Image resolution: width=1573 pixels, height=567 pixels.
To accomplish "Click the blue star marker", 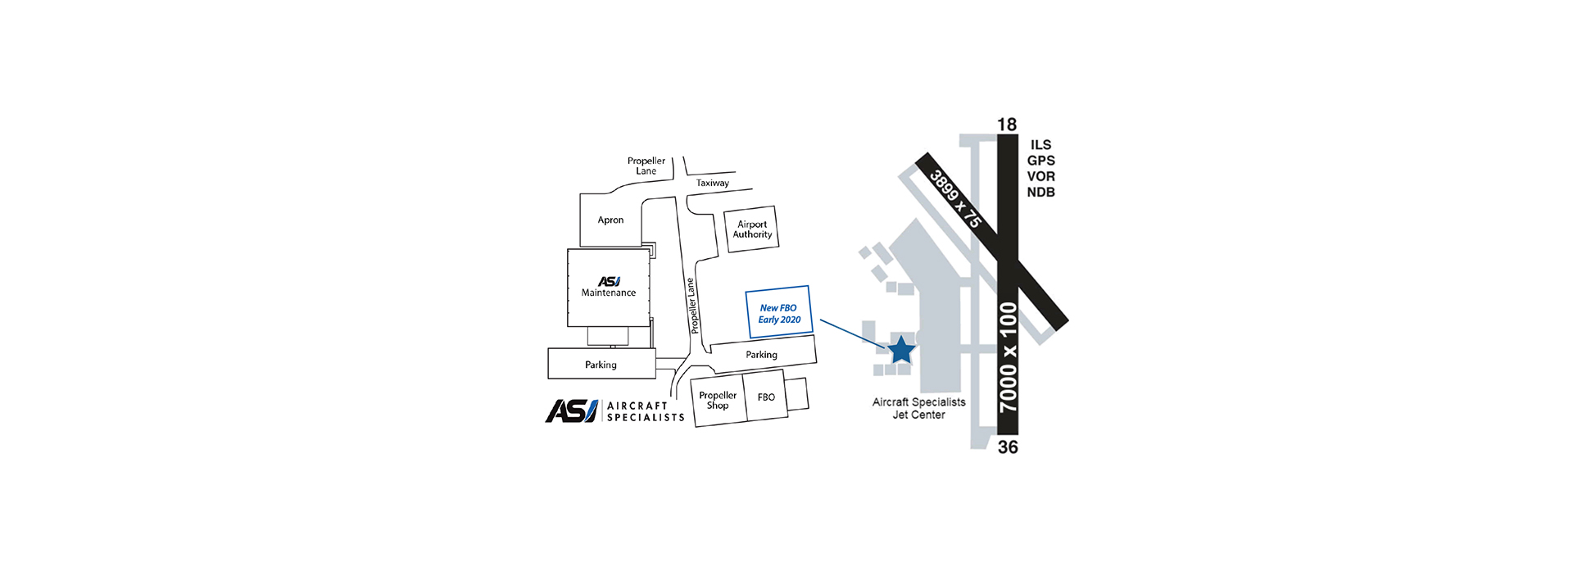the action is click(x=901, y=350).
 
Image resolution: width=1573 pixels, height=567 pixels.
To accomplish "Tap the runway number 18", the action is click(x=1007, y=125).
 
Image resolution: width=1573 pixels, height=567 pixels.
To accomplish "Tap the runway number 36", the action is click(x=1008, y=447).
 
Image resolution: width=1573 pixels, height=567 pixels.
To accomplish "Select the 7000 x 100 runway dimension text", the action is click(x=1009, y=357).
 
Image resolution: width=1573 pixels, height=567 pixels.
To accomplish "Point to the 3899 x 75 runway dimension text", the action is click(x=955, y=198).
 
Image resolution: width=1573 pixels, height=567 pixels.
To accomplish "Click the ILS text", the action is click(x=1041, y=145).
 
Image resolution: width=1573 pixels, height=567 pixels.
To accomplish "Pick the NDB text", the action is click(x=1041, y=192).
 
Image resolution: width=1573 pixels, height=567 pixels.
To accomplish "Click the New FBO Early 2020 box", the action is click(x=778, y=312).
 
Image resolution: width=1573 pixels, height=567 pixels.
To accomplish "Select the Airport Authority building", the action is click(x=751, y=229).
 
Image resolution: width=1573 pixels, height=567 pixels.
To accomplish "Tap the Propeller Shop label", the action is click(x=718, y=400).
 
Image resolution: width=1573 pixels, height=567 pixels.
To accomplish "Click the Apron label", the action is click(x=610, y=220).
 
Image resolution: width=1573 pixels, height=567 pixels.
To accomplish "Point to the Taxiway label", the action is click(x=713, y=183).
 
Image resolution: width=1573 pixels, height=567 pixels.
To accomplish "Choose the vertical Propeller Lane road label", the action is click(x=692, y=306).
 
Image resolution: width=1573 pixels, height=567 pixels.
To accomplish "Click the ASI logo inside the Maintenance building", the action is click(x=609, y=281).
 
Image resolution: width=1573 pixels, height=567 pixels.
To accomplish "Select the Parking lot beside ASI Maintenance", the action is click(x=601, y=364).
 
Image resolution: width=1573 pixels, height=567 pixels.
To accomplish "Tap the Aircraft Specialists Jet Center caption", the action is click(x=918, y=408).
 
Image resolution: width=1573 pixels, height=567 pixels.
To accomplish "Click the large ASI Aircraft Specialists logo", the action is click(x=614, y=411).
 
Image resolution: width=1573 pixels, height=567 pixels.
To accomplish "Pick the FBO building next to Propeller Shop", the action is click(x=766, y=397).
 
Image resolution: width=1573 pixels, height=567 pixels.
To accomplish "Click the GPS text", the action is click(x=1041, y=161).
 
